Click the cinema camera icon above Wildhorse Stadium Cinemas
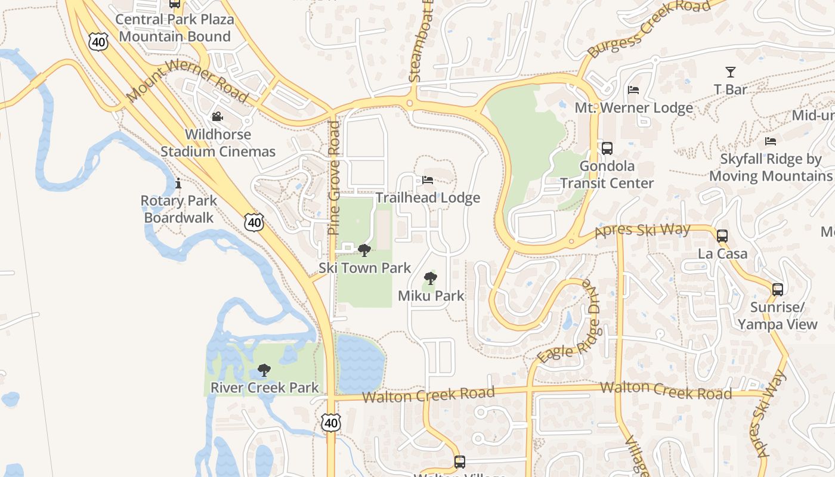tap(217, 116)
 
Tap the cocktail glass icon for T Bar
tap(730, 72)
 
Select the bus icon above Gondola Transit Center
tap(607, 148)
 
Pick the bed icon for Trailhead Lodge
tap(428, 179)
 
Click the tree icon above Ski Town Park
tap(364, 250)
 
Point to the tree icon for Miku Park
tap(430, 278)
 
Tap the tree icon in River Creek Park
tap(264, 370)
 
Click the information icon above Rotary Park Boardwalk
tap(178, 183)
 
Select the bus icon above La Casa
tap(722, 236)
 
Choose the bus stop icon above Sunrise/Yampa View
tap(778, 290)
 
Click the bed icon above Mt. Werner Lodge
tap(633, 90)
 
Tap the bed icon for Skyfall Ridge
tap(771, 141)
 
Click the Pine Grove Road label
tap(334, 178)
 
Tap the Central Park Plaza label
tap(175, 20)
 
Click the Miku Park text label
tap(431, 296)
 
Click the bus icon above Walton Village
tap(459, 461)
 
